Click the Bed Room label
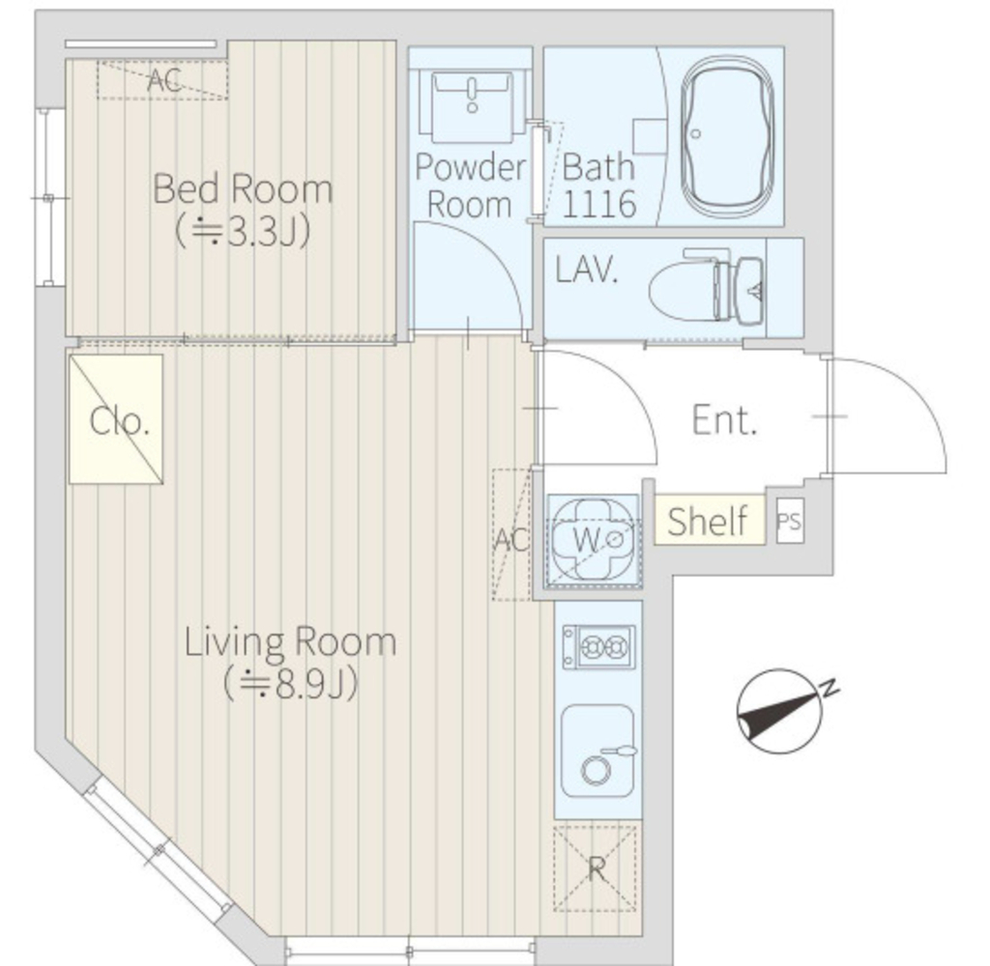pyautogui.click(x=243, y=188)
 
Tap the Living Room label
pyautogui.click(x=290, y=641)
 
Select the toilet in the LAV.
pyautogui.click(x=706, y=287)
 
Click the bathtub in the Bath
pyautogui.click(x=727, y=137)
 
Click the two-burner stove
pyautogui.click(x=598, y=646)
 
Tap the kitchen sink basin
pyautogui.click(x=597, y=751)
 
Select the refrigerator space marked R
pyautogui.click(x=595, y=868)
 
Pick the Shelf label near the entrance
pyautogui.click(x=707, y=522)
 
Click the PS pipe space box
pyautogui.click(x=789, y=522)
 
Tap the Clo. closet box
pyautogui.click(x=116, y=419)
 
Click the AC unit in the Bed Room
pyautogui.click(x=162, y=79)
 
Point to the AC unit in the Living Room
pyautogui.click(x=511, y=534)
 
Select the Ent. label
pyautogui.click(x=724, y=419)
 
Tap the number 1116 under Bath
pyautogui.click(x=598, y=205)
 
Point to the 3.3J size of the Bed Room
pyautogui.click(x=259, y=232)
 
